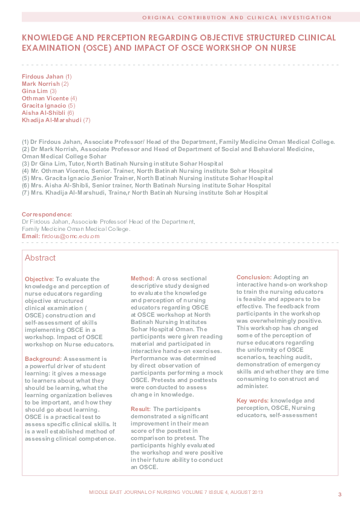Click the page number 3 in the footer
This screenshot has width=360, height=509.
click(339, 495)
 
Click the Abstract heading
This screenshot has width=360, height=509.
click(40, 258)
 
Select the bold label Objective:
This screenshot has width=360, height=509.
click(39, 279)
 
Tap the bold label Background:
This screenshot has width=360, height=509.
click(43, 358)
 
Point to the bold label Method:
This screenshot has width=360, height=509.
click(143, 279)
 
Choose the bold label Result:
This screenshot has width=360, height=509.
click(141, 409)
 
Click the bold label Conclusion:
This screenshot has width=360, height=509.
click(254, 277)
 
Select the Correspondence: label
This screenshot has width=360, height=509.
click(47, 215)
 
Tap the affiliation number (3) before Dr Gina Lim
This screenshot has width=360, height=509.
click(25, 164)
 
